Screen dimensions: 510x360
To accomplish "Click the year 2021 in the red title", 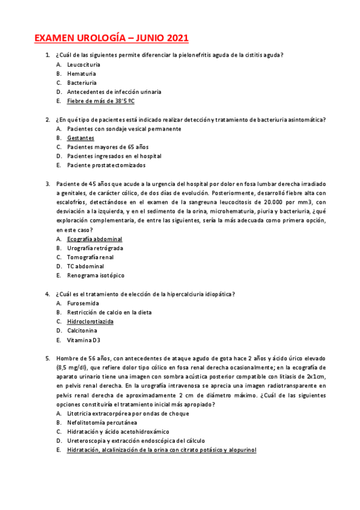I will [x=174, y=39].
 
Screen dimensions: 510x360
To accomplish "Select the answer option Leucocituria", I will [x=84, y=64].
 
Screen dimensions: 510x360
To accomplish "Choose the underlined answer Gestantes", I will [x=81, y=138].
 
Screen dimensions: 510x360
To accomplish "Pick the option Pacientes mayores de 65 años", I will [x=108, y=147].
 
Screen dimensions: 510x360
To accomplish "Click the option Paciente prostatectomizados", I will [x=106, y=165].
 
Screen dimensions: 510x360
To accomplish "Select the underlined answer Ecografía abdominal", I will [x=94, y=239].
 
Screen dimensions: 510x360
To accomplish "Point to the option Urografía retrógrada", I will [x=95, y=248].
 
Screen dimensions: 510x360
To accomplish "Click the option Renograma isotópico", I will [x=96, y=275].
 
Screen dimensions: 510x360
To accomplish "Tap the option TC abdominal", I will [x=85, y=266].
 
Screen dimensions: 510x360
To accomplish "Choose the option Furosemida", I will [x=83, y=303].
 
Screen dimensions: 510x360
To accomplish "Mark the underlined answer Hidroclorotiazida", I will [x=90, y=321].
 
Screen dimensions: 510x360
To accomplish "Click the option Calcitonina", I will [x=83, y=330].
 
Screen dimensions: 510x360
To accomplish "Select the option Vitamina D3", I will [x=84, y=340].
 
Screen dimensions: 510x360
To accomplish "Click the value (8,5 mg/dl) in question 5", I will [x=73, y=367].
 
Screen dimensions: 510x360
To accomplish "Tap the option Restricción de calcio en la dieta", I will [x=109, y=312].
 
